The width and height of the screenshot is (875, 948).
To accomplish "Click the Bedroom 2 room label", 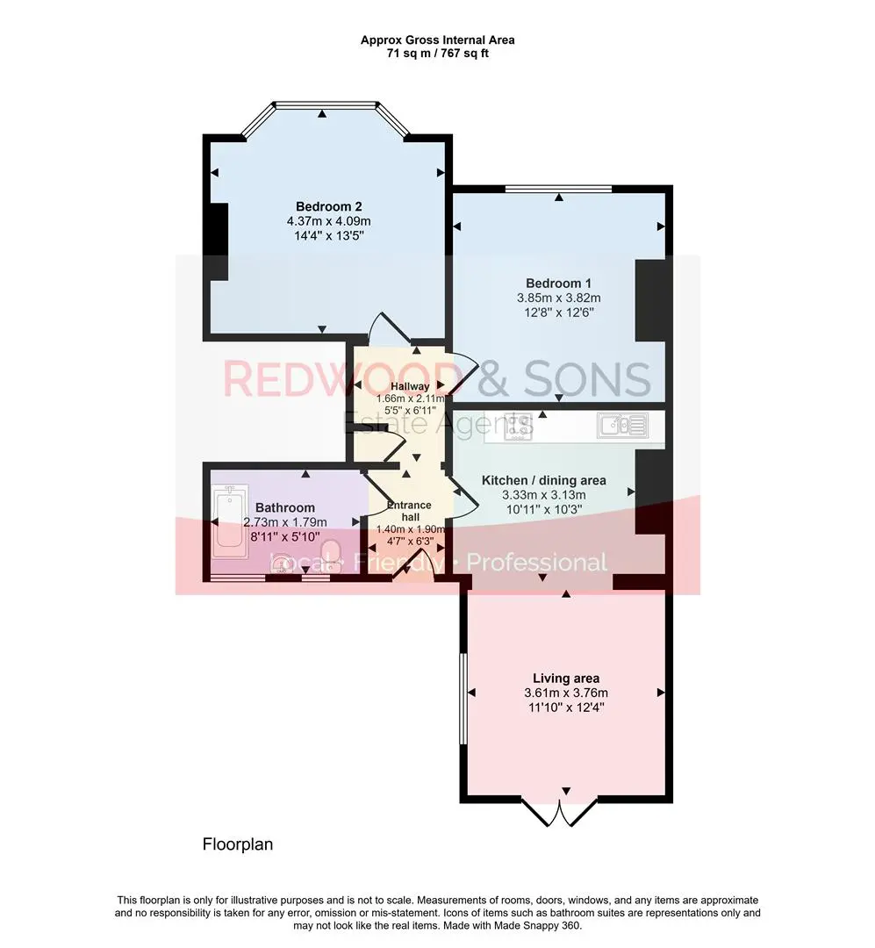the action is click(328, 207).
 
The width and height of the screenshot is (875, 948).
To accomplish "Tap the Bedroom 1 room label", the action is click(558, 283).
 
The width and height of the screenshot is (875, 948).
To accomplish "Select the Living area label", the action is click(566, 679).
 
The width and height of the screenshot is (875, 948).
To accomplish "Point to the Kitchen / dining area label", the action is click(543, 481).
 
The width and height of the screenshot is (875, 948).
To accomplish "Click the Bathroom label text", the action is click(285, 508).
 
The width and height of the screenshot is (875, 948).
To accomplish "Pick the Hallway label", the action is click(410, 386).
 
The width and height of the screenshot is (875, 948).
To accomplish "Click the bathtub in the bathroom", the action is click(230, 521).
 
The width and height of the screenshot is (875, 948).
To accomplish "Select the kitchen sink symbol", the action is click(622, 426).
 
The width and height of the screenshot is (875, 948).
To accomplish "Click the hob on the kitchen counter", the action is click(518, 427).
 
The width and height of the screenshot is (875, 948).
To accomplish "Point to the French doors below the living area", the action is click(560, 813).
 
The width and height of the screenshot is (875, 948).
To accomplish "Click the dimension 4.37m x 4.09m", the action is click(328, 221).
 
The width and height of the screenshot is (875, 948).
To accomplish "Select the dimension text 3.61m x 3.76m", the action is click(566, 693).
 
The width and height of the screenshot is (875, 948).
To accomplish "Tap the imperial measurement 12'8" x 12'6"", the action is click(559, 312).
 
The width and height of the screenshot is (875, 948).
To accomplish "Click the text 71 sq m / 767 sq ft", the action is click(438, 54).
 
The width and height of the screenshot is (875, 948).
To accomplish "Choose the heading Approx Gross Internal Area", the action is click(438, 39).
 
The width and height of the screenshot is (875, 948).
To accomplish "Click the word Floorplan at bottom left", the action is click(238, 844).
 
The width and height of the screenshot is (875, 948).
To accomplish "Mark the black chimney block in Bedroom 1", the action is click(650, 300).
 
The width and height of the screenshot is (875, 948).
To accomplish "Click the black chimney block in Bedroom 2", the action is click(217, 242).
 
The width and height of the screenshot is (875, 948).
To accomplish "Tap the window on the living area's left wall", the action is click(463, 699).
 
